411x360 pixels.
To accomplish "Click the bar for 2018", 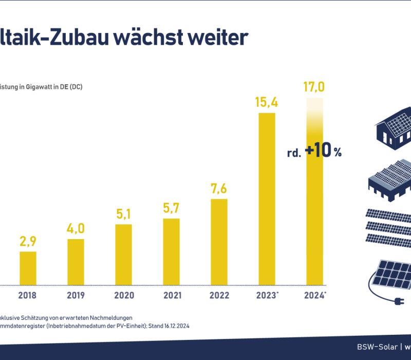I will [28, 267].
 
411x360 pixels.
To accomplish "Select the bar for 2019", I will [76, 261].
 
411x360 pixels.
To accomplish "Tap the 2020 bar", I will [123, 254].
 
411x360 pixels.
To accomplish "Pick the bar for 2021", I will [171, 251].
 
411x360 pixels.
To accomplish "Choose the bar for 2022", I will [219, 241].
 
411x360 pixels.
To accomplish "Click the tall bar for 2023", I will [267, 198].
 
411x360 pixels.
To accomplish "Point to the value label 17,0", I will [314, 86].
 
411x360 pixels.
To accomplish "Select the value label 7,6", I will [219, 189].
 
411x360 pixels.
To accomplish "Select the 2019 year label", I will [76, 295].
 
